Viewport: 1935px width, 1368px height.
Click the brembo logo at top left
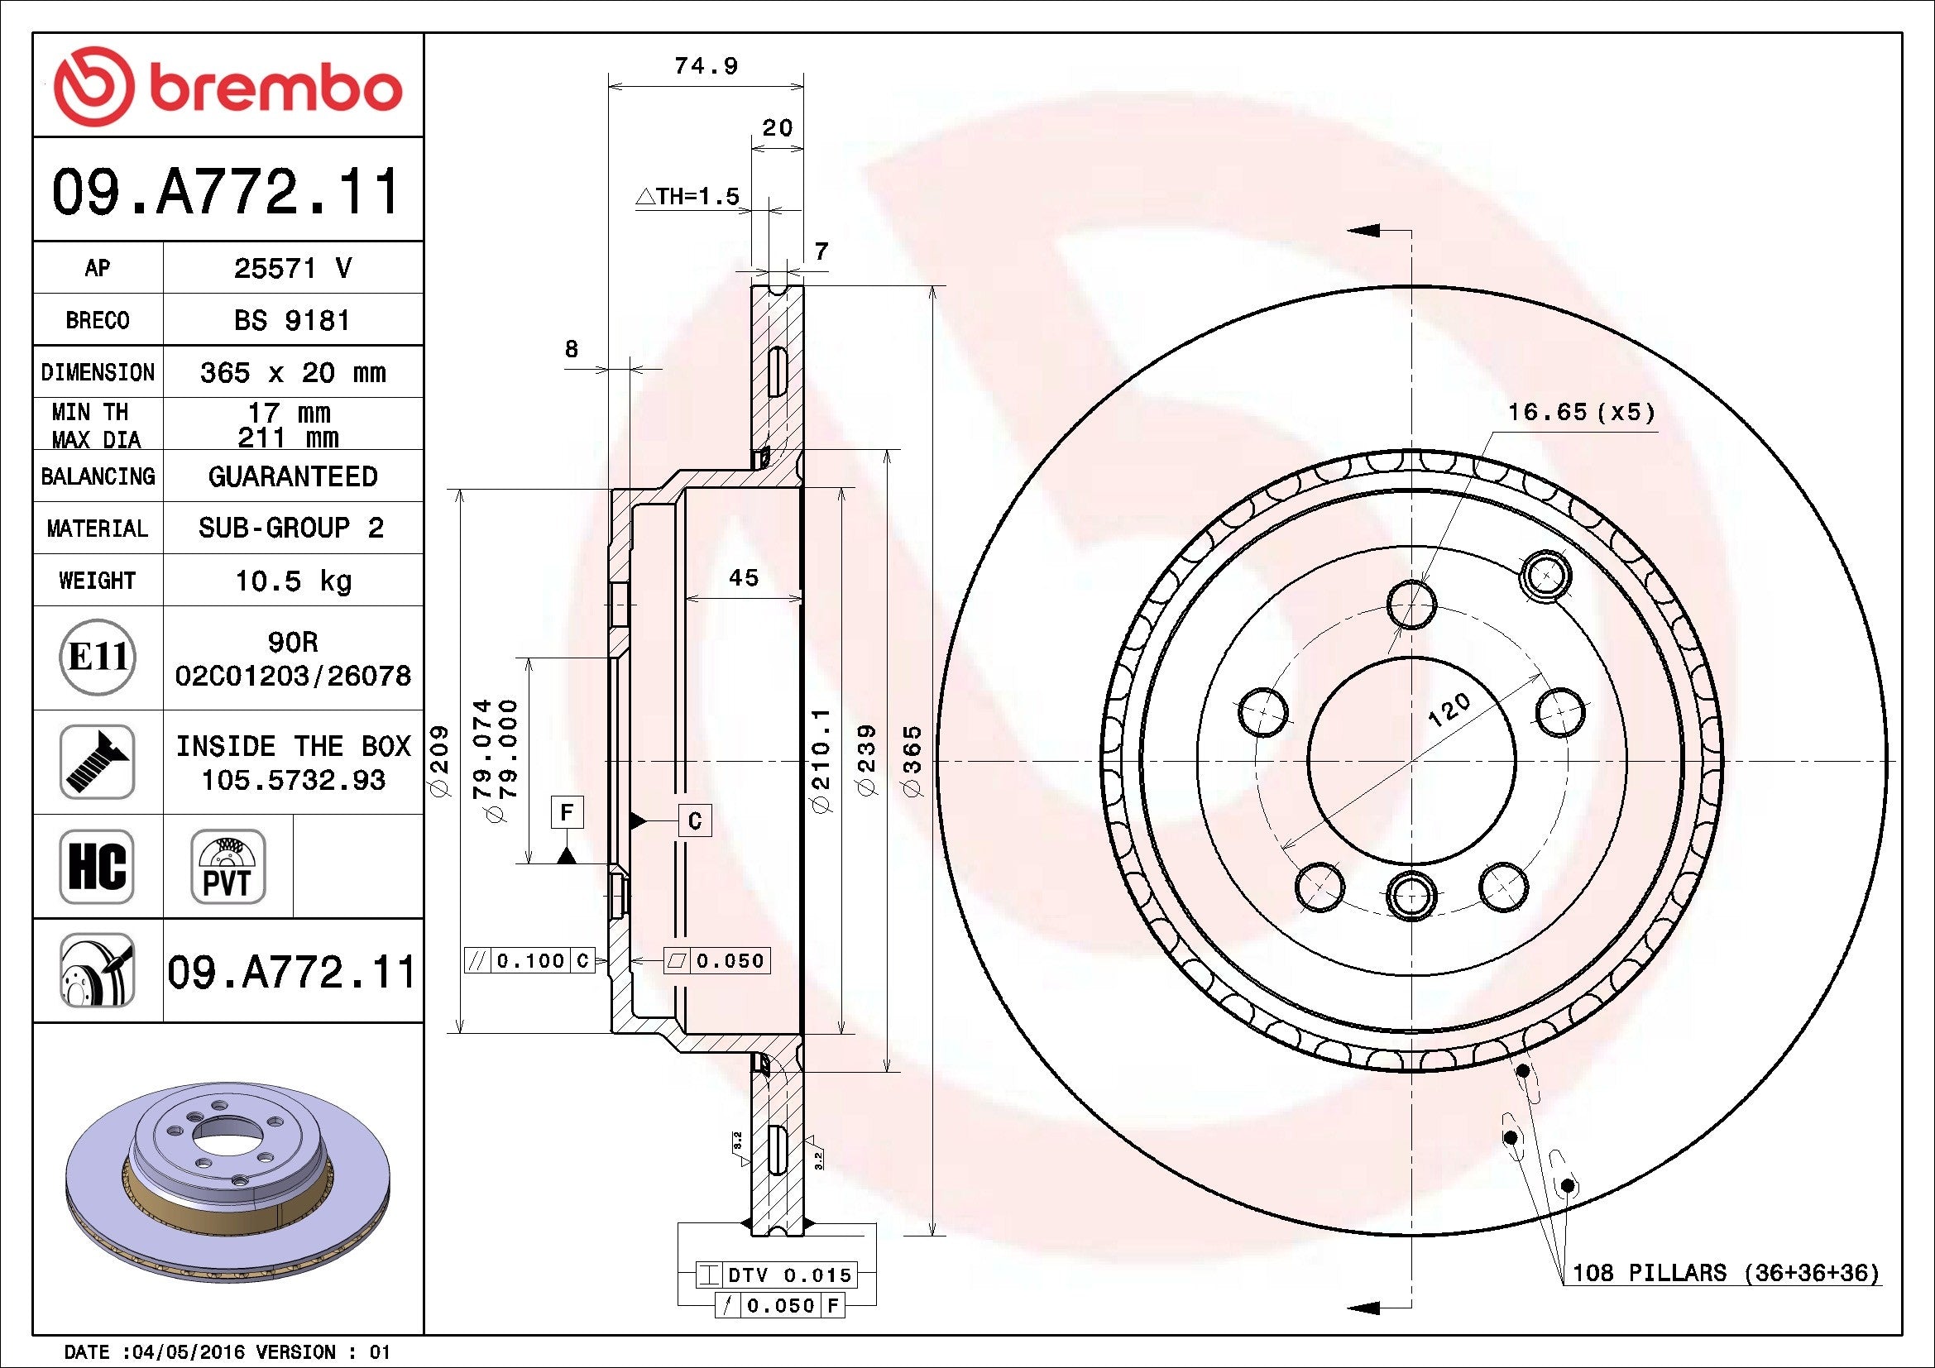(228, 88)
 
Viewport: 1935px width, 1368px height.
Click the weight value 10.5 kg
(292, 581)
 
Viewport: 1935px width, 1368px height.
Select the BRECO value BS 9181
(292, 320)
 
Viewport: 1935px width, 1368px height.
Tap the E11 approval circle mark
(97, 657)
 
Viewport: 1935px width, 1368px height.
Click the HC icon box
(97, 866)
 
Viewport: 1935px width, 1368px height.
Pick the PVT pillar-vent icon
(228, 866)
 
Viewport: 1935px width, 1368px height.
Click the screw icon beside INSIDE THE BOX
(97, 762)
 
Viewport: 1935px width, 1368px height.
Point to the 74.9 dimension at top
(706, 65)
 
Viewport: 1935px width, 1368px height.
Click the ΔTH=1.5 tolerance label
(687, 197)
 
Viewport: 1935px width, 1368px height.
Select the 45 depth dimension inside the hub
(744, 578)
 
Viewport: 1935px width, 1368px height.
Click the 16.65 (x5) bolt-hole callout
(1581, 412)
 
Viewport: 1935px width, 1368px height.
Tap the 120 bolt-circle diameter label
(1449, 710)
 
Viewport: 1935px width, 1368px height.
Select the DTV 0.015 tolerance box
(776, 1275)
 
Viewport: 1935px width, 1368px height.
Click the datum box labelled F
(568, 812)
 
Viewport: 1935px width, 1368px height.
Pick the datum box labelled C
(695, 820)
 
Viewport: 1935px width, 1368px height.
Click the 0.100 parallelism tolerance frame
(530, 960)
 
